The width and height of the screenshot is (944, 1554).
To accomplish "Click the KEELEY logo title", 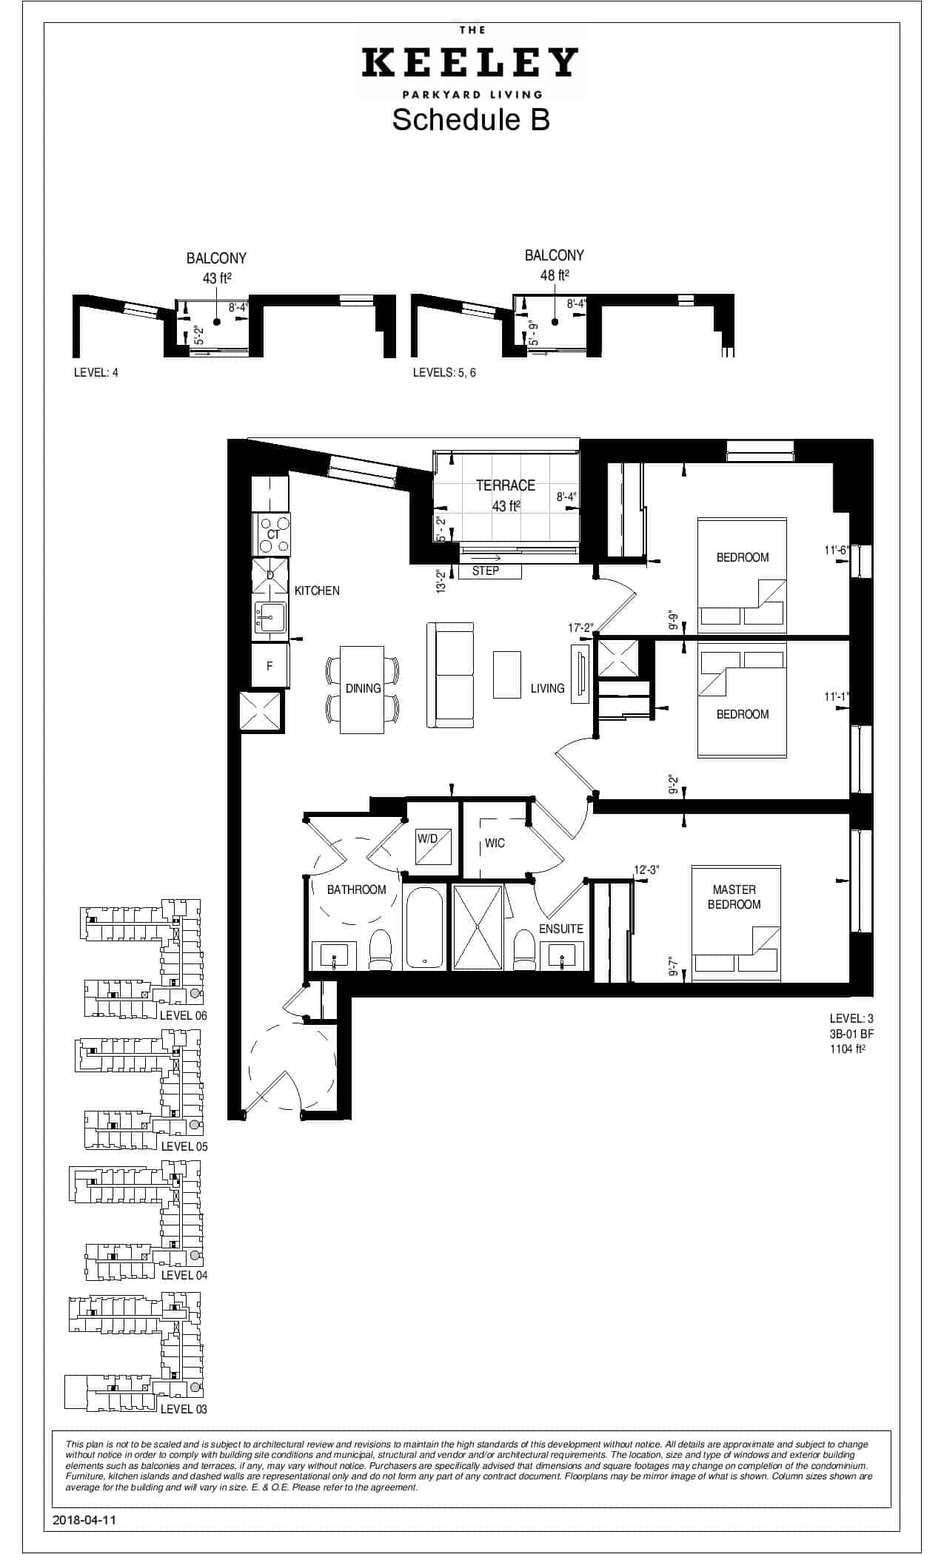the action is point(469,63).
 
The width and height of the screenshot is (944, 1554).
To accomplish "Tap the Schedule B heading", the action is point(471,119).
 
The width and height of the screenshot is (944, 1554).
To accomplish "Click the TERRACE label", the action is point(506,485).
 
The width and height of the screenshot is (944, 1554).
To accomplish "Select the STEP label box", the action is point(486,571).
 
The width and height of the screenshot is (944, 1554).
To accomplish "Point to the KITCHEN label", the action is point(317,591).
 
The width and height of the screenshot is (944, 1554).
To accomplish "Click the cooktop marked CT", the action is point(273,534).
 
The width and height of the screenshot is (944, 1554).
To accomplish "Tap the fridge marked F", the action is point(270,666).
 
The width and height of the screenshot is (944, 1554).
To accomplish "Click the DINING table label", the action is point(363,688).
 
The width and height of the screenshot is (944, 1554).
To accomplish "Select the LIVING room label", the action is point(547,688).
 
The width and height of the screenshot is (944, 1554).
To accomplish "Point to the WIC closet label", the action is point(495,844).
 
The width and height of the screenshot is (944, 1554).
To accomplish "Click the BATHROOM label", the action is point(357,889).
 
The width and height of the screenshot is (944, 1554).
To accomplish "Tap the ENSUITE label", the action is point(561,929).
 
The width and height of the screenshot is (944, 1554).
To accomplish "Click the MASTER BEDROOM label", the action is point(734,897).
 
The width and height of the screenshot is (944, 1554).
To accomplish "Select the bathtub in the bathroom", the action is point(424,926).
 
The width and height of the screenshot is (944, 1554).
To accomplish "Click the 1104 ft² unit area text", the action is point(848,1048).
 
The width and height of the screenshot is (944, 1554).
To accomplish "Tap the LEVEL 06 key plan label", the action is point(184,1015).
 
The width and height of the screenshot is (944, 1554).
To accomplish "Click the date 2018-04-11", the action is point(85,1520).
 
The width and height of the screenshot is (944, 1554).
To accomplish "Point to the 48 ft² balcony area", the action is point(555,275).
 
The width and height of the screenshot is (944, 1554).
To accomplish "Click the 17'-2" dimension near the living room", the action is point(580,628).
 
